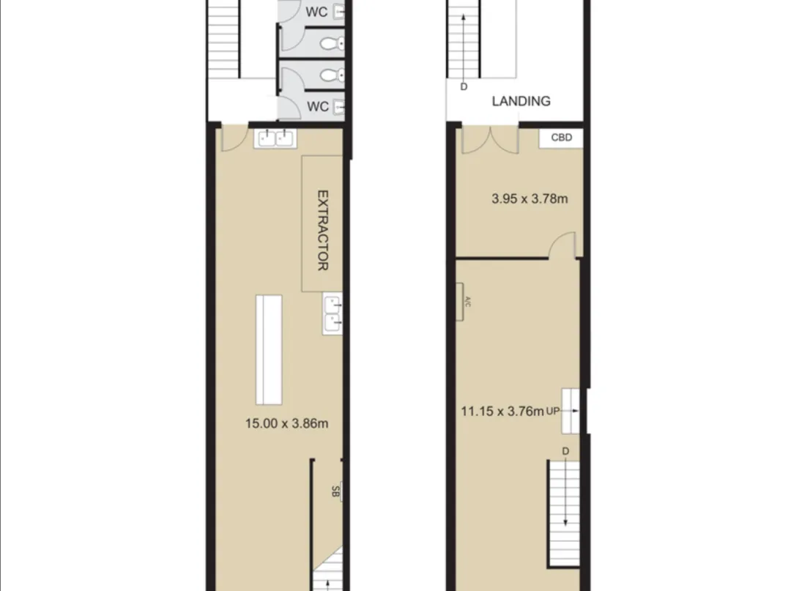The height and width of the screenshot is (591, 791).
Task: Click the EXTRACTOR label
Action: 322,230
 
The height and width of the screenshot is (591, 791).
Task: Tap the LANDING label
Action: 521,101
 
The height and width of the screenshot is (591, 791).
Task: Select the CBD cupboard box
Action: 561,138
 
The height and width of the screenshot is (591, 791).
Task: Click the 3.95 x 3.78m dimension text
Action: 530,198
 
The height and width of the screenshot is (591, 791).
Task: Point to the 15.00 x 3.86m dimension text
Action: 286,423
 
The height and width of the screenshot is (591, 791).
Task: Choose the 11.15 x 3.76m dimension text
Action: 502,412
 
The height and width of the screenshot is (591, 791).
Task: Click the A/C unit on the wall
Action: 460,302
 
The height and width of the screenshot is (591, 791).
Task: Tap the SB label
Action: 335,491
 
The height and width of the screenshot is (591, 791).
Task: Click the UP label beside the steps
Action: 553,411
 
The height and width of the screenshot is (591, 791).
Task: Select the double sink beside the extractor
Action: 333,313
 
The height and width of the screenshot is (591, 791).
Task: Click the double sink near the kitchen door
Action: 275,138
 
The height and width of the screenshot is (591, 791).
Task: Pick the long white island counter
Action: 269,349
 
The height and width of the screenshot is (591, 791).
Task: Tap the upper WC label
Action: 316,12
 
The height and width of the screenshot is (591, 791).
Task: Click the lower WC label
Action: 318,107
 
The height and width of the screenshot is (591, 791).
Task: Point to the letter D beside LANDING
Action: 464,86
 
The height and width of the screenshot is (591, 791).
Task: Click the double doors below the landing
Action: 490,140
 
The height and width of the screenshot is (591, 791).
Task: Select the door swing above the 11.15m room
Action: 562,245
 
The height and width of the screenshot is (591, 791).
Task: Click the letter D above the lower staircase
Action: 565,451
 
